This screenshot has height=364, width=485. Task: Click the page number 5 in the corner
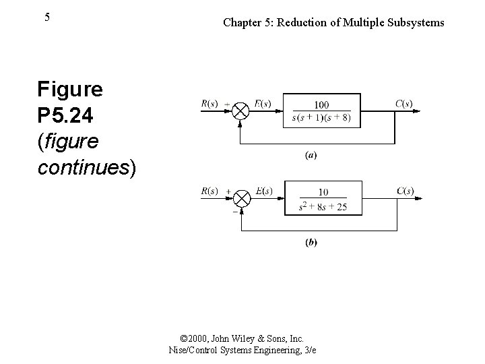pos(46,18)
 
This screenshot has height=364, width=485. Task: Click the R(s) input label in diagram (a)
pos(209,103)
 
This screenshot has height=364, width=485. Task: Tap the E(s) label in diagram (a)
pos(262,103)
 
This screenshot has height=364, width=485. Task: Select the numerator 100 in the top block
pos(322,105)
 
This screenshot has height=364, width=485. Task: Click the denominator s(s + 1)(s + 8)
pos(322,119)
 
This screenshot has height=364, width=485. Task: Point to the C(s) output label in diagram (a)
pos(403,103)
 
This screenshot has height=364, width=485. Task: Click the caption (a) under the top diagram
pos(311,155)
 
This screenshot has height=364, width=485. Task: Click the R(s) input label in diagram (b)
pos(209,191)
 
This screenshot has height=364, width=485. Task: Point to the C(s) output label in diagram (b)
pos(405,191)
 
